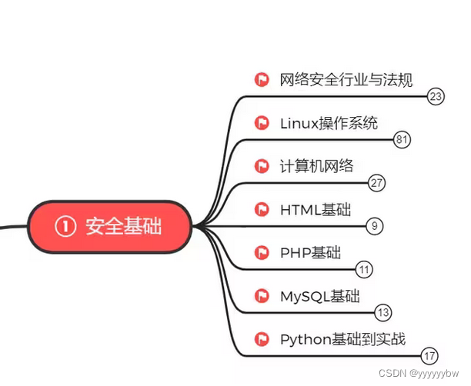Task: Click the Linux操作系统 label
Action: point(329,122)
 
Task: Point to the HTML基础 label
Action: point(315,209)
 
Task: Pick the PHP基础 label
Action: point(310,252)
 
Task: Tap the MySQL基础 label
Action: point(319,296)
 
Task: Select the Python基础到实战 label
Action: point(342,339)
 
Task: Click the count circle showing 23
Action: point(436,97)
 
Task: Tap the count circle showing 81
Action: point(401,140)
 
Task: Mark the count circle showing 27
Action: point(376,183)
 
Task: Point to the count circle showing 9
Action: point(373,226)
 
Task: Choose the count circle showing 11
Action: point(364,269)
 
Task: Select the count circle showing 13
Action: point(382,312)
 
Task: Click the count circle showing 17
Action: point(429,355)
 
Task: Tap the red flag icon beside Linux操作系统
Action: point(262,122)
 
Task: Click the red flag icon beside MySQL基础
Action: point(262,296)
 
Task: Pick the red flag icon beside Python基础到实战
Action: point(262,339)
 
